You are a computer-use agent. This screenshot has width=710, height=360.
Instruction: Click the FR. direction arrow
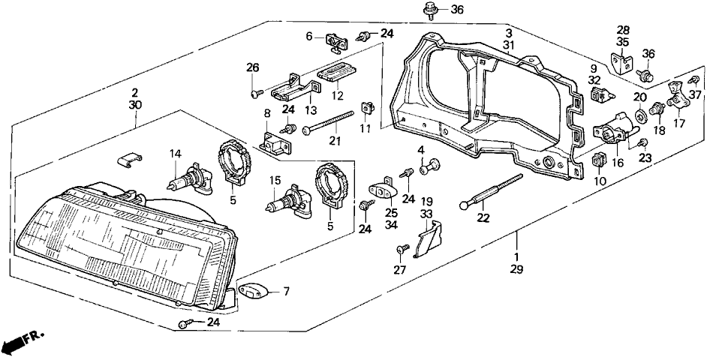tap(23, 342)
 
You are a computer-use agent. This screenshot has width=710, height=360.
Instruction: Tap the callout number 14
tap(176, 154)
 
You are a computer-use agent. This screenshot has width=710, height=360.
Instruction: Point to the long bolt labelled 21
tap(329, 123)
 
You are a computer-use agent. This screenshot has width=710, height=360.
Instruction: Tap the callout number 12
tap(337, 96)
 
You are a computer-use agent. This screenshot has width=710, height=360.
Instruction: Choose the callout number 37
tap(695, 94)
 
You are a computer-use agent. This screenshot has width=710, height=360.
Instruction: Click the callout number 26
tap(252, 69)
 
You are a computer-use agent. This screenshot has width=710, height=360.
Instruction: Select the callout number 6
tap(308, 36)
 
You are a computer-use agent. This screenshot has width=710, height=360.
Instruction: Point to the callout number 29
tap(516, 268)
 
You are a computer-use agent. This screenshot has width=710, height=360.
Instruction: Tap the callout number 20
tap(639, 97)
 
